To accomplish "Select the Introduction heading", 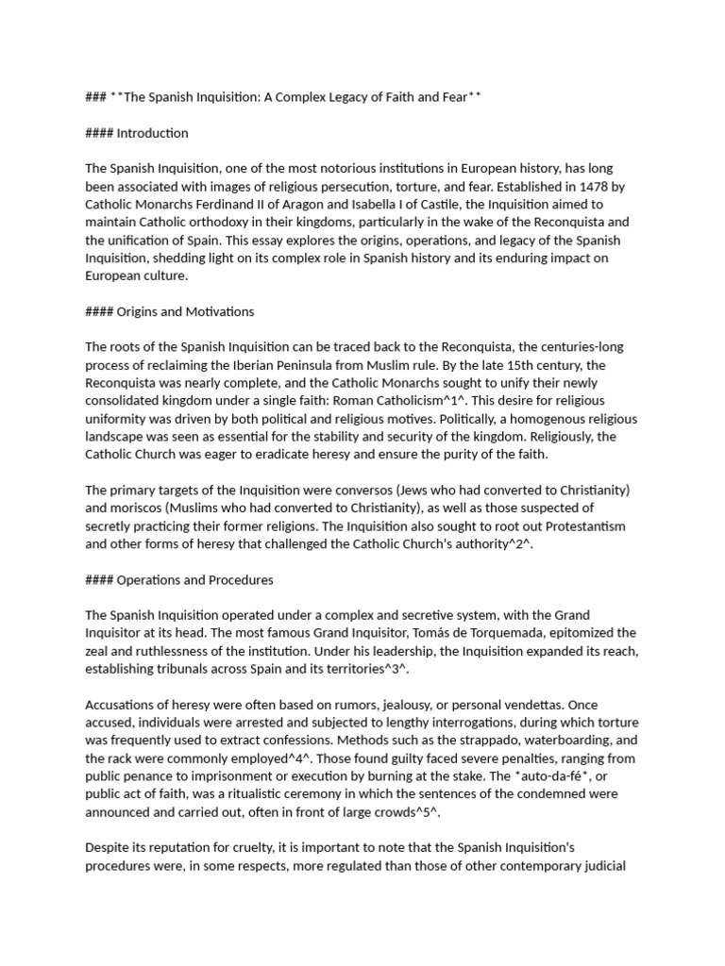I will pyautogui.click(x=152, y=133).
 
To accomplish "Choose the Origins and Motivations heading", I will pyautogui.click(x=185, y=311).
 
